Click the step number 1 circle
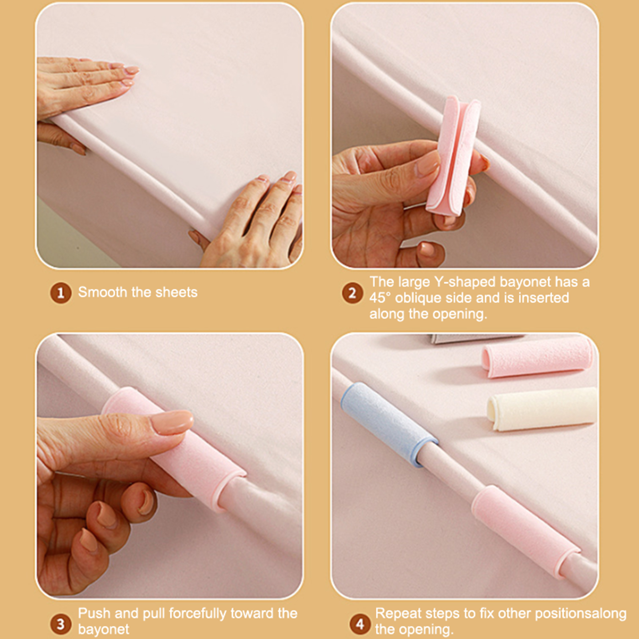(x=61, y=293)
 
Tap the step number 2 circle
(x=352, y=293)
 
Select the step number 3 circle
(x=61, y=624)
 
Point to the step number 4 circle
(x=360, y=624)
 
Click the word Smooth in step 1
(x=103, y=292)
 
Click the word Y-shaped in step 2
(x=465, y=282)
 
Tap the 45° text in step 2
(x=380, y=298)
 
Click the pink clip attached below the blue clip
(x=525, y=531)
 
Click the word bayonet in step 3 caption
(x=103, y=629)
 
